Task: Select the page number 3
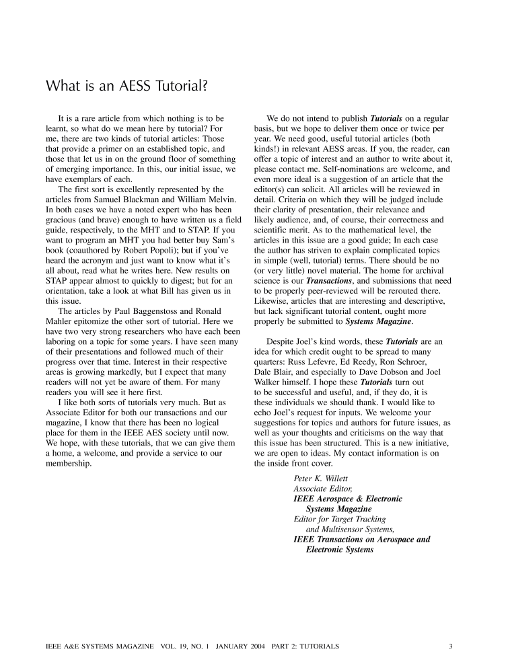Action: point(450,647)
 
